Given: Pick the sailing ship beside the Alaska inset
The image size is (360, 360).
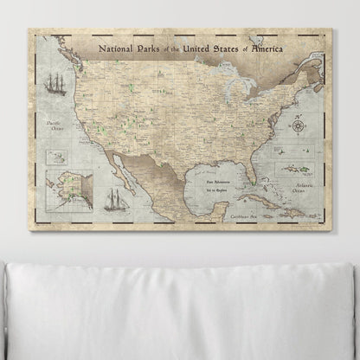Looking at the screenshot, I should click(x=114, y=198).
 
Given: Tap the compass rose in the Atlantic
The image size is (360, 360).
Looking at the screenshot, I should click(x=297, y=126).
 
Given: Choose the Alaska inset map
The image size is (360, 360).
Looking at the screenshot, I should click(x=68, y=189).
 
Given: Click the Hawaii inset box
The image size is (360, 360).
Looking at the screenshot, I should click(x=56, y=156).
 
